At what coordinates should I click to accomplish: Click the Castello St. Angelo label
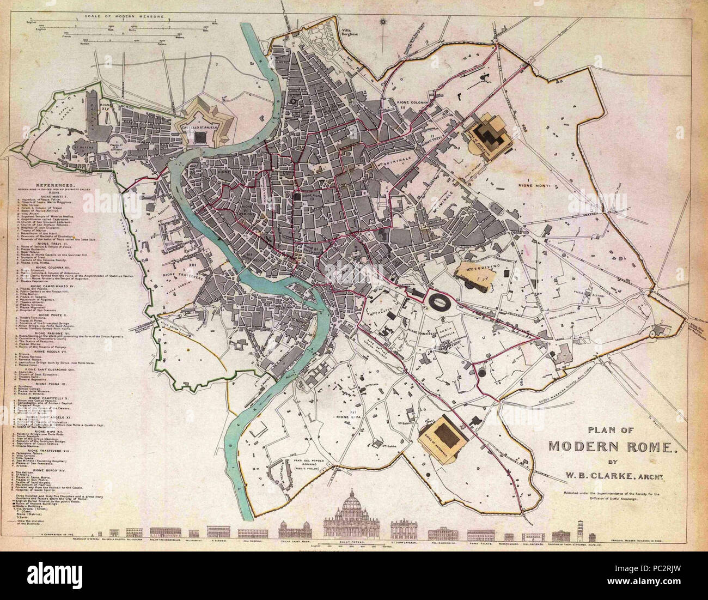[204, 126]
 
